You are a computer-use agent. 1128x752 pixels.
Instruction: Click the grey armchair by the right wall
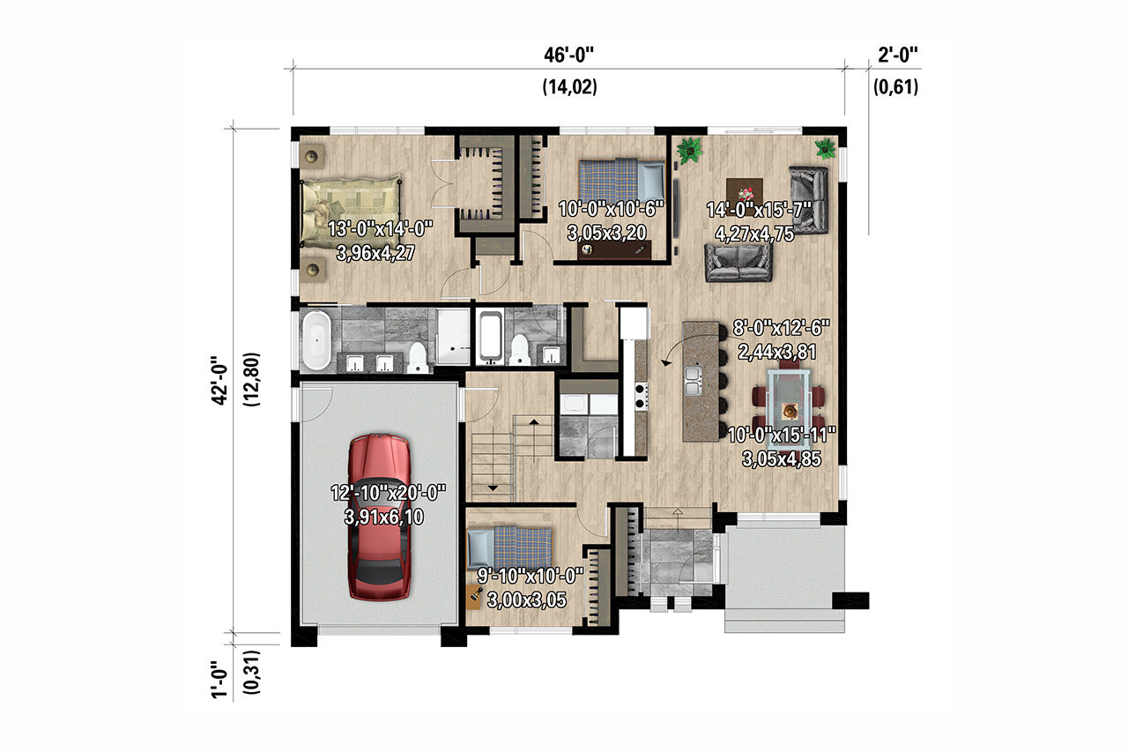click(809, 198)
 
